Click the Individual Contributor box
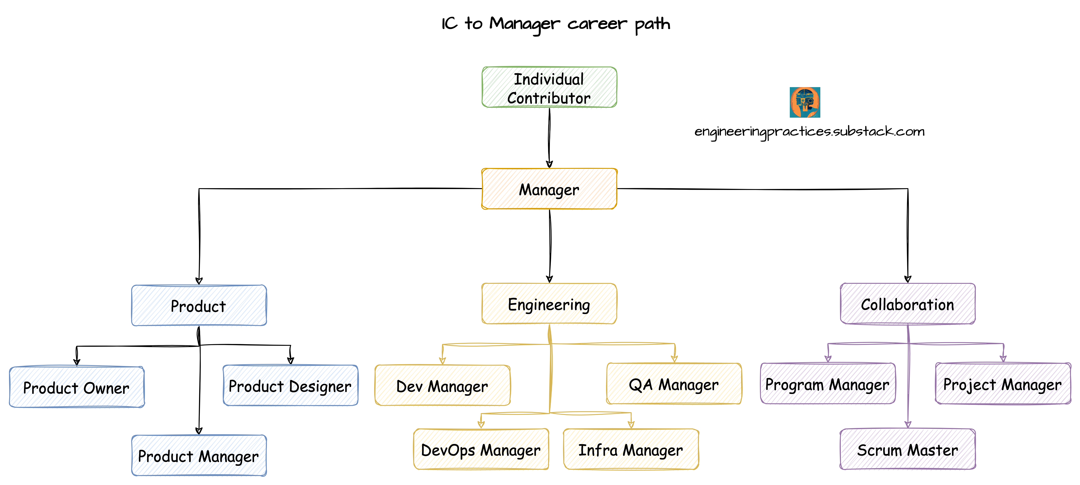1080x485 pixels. click(x=549, y=87)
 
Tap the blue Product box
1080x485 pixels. click(x=199, y=305)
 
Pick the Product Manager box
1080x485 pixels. click(x=199, y=455)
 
